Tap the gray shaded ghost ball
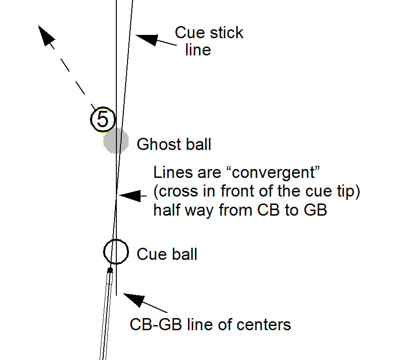tap(115, 141)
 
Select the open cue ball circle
tap(115, 251)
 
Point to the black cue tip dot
tap(110, 270)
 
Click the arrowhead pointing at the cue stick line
tap(144, 39)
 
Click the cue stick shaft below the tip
tap(107, 317)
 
